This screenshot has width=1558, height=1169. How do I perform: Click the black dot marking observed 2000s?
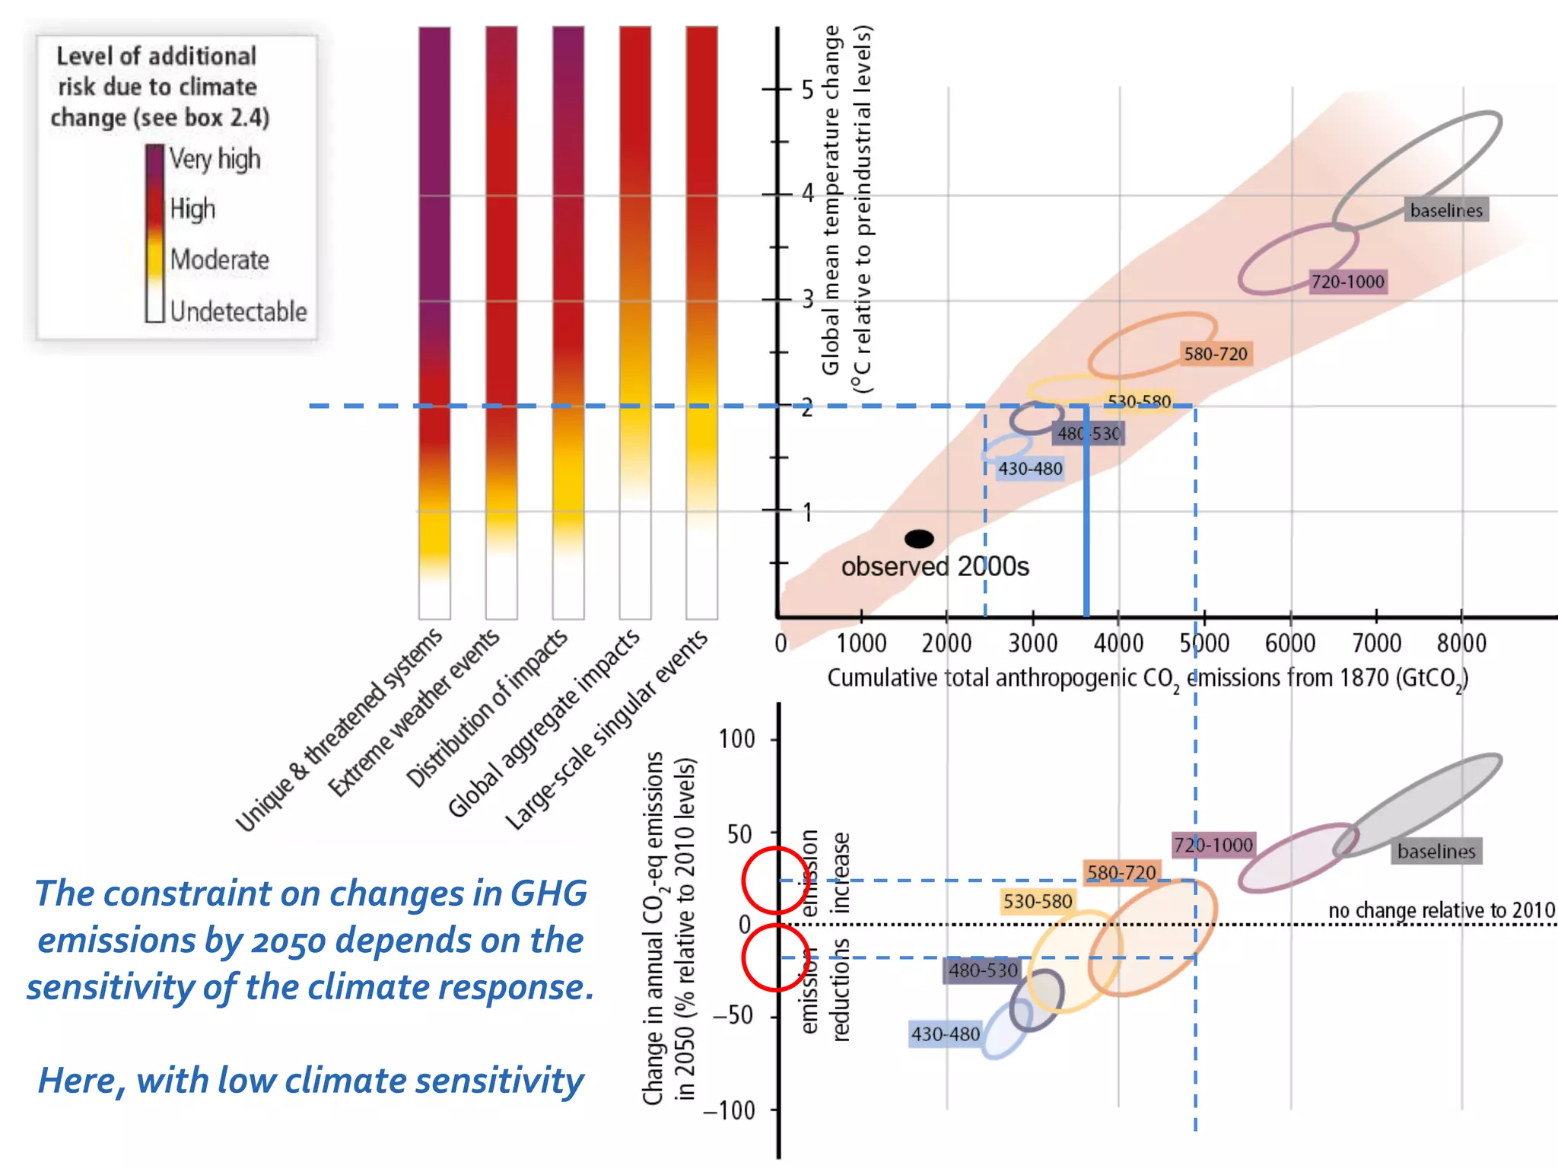[x=919, y=539]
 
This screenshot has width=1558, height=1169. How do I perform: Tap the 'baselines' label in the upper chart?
[x=1446, y=210]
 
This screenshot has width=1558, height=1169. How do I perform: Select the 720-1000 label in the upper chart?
[x=1347, y=282]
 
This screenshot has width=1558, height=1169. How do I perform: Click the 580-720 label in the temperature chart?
[x=1215, y=354]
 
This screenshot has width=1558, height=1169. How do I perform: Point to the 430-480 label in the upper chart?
[x=1029, y=469]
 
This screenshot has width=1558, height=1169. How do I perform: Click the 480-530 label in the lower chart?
[x=982, y=970]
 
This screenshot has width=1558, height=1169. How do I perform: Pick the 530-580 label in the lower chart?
[x=1037, y=902]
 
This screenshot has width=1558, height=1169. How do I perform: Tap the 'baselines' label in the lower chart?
[x=1436, y=852]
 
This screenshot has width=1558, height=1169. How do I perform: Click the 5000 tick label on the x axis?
[x=1204, y=644]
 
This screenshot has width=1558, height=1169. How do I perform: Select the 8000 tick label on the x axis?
[x=1461, y=644]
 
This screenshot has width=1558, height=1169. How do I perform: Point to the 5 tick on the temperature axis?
[x=807, y=90]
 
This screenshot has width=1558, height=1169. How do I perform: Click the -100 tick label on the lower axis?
[x=728, y=1110]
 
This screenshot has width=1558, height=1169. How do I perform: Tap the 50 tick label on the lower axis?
[x=740, y=835]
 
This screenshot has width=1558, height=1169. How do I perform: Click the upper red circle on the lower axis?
[x=774, y=880]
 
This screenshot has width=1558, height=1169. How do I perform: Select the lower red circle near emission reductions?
[x=774, y=957]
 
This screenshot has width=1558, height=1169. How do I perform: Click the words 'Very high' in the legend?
[x=215, y=159]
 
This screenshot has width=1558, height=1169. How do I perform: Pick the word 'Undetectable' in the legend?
[x=238, y=311]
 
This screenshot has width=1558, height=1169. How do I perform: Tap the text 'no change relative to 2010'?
[x=1441, y=910]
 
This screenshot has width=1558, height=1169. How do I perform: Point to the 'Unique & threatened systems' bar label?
[x=339, y=731]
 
